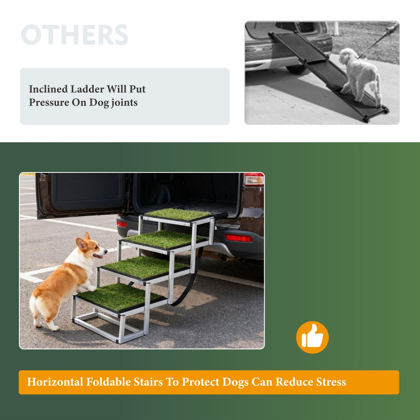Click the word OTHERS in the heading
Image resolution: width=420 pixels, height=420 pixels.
pos(74,35)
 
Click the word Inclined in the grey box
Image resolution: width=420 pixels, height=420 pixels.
pos(48,89)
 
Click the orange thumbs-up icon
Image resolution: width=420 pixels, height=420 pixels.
pos(312,337)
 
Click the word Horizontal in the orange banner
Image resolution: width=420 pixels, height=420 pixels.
pos(55,382)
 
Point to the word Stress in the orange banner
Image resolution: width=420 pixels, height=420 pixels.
pos(331,382)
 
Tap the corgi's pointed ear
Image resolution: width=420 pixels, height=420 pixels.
pos(82,244)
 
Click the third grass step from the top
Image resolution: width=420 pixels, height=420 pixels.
pos(144,266)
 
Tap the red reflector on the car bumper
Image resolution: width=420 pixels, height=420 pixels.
pos(238,238)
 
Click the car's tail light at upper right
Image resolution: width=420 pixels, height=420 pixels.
pos(254,179)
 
